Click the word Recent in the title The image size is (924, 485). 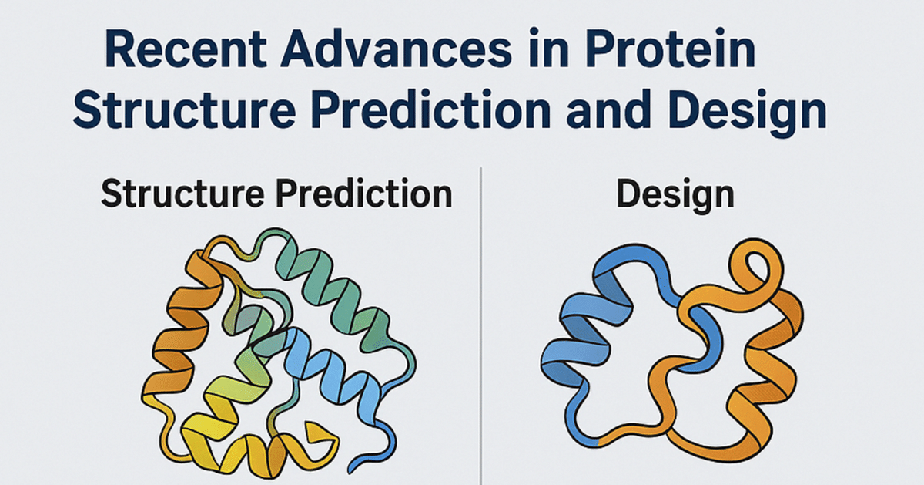(186, 49)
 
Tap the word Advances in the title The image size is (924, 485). (396, 49)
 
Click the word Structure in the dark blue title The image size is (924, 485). (184, 109)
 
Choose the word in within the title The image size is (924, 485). (548, 48)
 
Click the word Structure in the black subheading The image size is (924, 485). (182, 194)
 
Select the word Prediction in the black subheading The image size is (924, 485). (364, 193)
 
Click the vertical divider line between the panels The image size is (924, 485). (481, 326)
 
